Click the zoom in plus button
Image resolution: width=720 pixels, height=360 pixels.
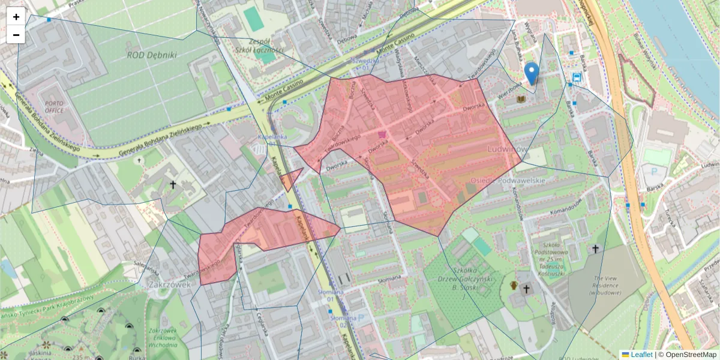click(16, 17)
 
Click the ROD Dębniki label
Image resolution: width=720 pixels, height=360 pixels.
click(152, 55)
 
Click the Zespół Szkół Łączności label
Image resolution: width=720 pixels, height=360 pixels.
click(259, 46)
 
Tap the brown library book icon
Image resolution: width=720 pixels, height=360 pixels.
click(521, 98)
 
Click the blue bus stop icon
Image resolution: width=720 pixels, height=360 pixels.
click(577, 77)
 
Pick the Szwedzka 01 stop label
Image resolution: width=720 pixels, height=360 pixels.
click(365, 64)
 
